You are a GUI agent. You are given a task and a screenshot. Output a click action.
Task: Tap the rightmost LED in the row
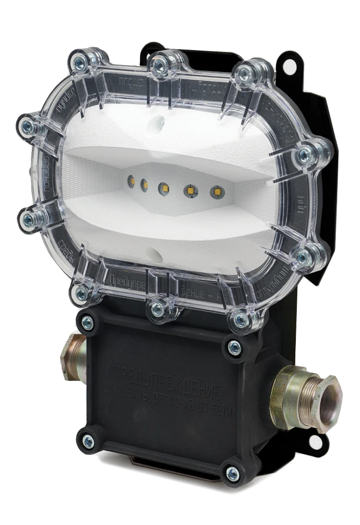pyautogui.click(x=214, y=192)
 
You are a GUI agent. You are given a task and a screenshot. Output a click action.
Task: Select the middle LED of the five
pyautogui.click(x=163, y=187)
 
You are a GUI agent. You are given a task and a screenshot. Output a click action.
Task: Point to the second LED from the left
pyautogui.click(x=144, y=184)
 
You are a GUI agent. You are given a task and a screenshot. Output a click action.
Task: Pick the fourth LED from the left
pyautogui.click(x=188, y=191)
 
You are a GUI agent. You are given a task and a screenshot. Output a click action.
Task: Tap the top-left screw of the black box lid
pyautogui.click(x=87, y=322)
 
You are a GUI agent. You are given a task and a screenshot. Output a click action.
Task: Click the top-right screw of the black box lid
pyautogui.click(x=235, y=347)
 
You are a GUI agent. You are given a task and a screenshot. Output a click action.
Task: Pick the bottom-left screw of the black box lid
pyautogui.click(x=87, y=441)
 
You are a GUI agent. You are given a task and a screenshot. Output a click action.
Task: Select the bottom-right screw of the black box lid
pyautogui.click(x=233, y=472)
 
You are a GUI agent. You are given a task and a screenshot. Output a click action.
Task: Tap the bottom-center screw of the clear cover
pyautogui.click(x=156, y=309)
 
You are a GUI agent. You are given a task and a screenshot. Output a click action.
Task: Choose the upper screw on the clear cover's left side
pyautogui.click(x=28, y=127)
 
